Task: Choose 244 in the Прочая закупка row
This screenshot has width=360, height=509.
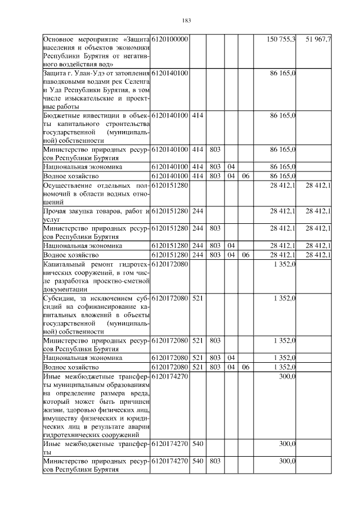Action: point(197,211)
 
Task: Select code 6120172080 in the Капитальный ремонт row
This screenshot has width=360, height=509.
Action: point(169,264)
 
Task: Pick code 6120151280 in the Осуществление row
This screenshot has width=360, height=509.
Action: point(169,185)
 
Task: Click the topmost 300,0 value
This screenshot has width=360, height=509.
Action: point(288,376)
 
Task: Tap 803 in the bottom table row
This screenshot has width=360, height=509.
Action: point(214,461)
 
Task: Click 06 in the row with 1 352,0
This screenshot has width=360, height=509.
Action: point(245,367)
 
